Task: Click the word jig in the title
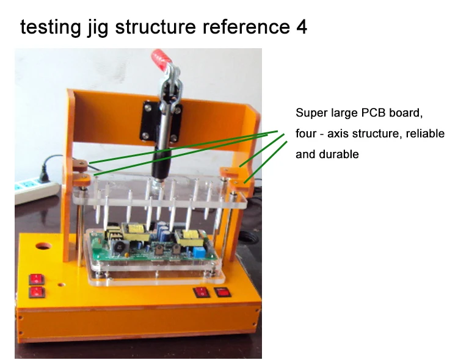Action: tap(98, 27)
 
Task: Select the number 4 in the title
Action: tap(302, 27)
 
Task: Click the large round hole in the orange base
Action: tap(43, 246)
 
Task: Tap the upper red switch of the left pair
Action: tap(37, 279)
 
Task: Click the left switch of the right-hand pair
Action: tap(202, 292)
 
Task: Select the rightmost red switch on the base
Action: tap(222, 292)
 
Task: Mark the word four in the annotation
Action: tap(306, 134)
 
